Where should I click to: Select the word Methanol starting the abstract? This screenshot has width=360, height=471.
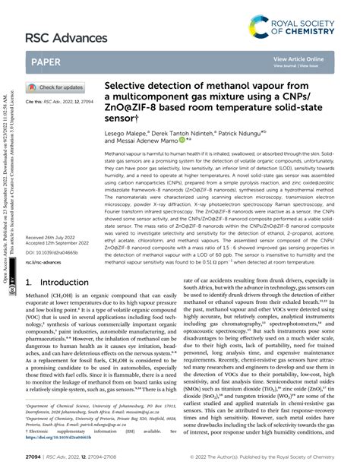(x=117, y=154)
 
